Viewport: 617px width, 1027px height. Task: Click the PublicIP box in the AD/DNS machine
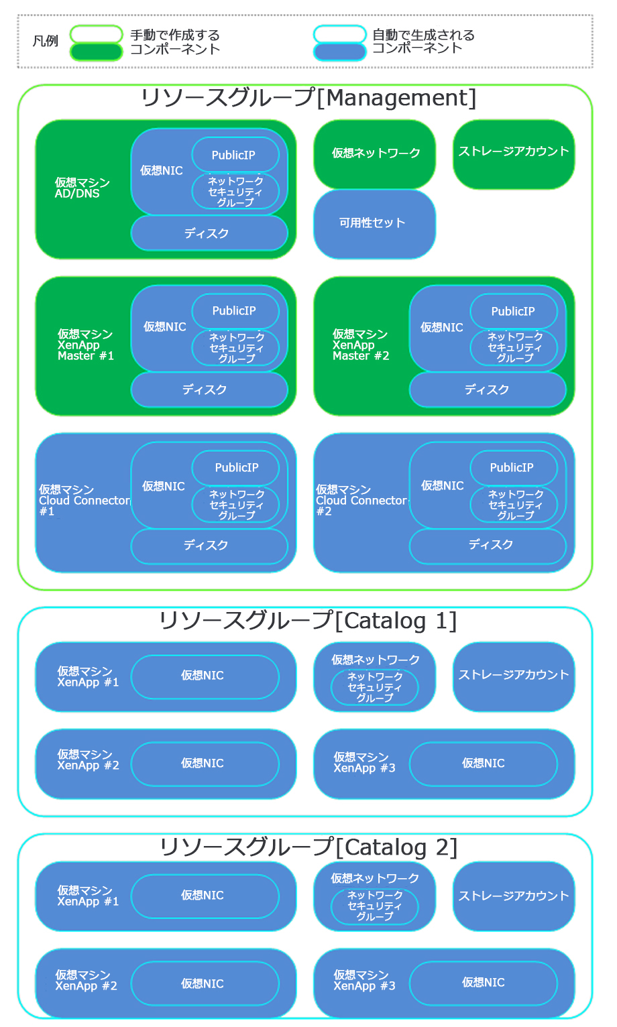point(235,155)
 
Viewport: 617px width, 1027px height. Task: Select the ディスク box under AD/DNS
point(209,233)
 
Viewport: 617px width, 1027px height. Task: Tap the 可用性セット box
point(374,223)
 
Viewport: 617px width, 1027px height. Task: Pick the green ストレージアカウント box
point(513,152)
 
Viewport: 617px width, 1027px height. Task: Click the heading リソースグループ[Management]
point(308,99)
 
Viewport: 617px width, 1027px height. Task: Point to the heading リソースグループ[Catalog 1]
point(308,621)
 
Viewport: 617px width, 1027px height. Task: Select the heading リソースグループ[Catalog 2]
point(308,847)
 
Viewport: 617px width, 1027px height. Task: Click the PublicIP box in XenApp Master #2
point(513,311)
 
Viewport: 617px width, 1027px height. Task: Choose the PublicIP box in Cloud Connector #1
point(235,467)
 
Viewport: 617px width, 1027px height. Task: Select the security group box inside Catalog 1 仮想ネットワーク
point(374,688)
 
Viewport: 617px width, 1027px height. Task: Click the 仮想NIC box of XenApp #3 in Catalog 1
point(483,764)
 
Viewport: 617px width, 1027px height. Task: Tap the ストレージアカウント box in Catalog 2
point(513,896)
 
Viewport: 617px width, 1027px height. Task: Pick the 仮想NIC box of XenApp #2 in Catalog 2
point(204,983)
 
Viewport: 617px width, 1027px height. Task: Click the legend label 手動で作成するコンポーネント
point(174,42)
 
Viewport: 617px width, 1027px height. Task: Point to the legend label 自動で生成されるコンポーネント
point(423,42)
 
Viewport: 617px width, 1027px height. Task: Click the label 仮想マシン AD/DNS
point(82,188)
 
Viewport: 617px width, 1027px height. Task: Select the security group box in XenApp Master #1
point(235,348)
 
